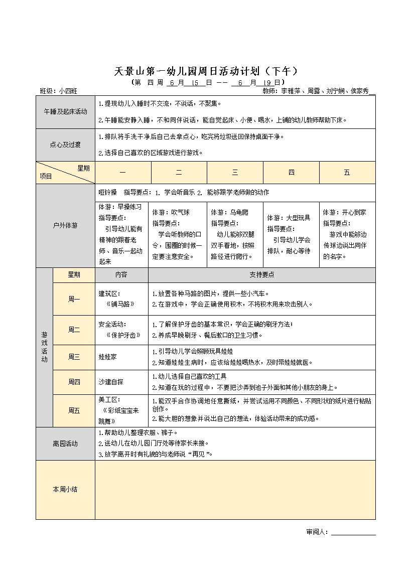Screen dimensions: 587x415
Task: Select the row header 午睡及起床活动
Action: click(x=65, y=111)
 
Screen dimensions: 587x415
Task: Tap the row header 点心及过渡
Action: click(x=65, y=144)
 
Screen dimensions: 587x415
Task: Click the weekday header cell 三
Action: click(x=235, y=173)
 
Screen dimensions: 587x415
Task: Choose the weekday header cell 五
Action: click(x=347, y=173)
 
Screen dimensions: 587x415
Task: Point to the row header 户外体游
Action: click(x=65, y=226)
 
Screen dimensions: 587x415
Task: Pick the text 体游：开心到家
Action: click(x=344, y=212)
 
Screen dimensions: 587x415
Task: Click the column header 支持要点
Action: click(x=261, y=275)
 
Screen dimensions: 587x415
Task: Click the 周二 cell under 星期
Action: click(x=74, y=330)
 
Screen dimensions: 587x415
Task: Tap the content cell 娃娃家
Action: click(x=108, y=357)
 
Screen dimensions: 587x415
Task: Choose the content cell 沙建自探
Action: click(x=111, y=382)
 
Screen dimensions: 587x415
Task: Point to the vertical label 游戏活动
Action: click(x=44, y=347)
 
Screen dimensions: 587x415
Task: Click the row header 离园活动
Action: click(x=65, y=444)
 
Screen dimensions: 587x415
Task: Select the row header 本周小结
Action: click(x=65, y=489)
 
